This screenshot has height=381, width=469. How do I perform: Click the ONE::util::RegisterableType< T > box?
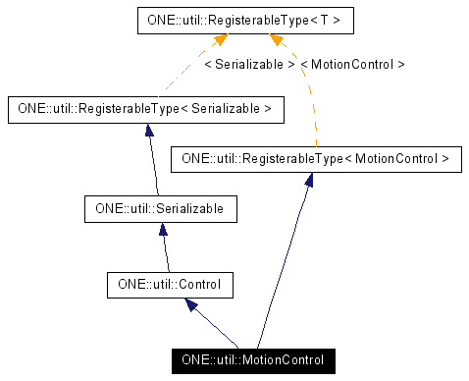(245, 20)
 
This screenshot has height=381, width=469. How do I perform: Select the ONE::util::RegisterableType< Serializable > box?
(144, 109)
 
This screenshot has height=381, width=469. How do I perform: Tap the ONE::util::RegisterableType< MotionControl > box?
(316, 158)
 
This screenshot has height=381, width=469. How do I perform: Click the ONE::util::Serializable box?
(161, 208)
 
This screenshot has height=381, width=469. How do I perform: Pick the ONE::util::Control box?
(170, 285)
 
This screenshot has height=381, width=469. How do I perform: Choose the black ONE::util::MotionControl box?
(252, 360)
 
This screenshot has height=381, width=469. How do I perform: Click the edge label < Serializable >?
(249, 64)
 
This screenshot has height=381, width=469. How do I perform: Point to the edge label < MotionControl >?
(352, 64)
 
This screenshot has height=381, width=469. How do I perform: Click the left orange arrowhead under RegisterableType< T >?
(221, 40)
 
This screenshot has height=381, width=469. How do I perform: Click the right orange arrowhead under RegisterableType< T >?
(277, 40)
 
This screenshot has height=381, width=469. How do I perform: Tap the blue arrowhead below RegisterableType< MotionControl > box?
(308, 181)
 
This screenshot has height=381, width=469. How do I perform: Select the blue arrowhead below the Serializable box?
(163, 230)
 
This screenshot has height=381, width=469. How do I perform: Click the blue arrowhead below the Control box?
(188, 305)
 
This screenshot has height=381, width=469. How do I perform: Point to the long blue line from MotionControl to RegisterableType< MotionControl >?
(286, 265)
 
